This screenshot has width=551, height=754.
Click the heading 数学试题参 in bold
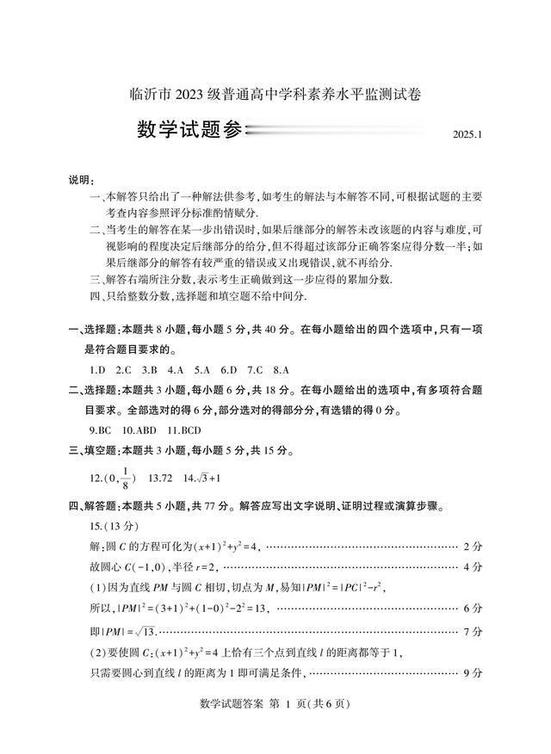click(x=190, y=130)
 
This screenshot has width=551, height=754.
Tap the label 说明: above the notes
click(x=82, y=179)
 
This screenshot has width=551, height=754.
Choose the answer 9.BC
click(x=101, y=429)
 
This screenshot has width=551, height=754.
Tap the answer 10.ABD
click(x=139, y=429)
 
